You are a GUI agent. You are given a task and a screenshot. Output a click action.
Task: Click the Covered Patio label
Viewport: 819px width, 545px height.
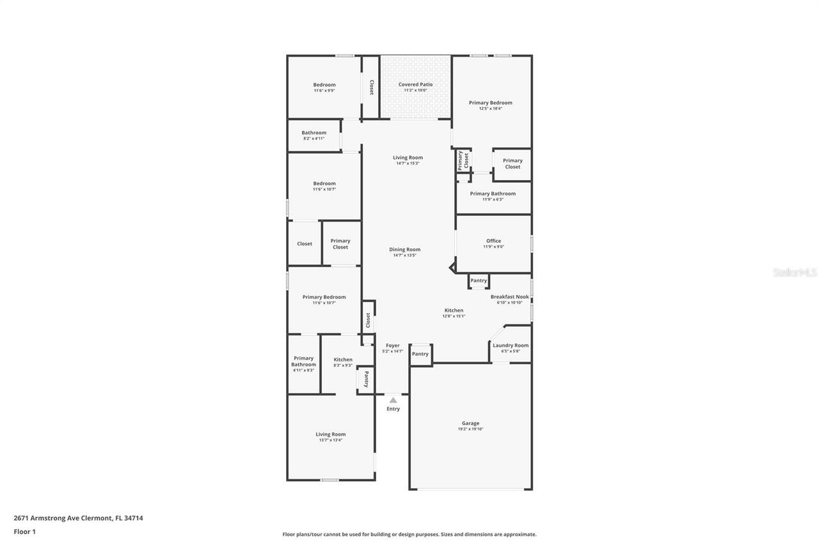point(415,84)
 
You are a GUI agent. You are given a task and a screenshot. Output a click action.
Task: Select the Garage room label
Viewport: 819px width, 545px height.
point(470,423)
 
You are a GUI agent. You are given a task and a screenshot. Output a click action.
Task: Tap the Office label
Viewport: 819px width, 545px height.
point(493,241)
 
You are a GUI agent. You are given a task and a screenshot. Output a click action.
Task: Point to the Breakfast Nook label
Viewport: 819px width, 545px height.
point(509,296)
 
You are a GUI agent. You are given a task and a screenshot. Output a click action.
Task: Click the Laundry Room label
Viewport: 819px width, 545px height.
point(510,345)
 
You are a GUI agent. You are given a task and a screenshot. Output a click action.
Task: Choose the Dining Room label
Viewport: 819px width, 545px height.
point(404,249)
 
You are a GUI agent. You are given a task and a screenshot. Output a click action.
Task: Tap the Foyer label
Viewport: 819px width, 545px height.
point(393,346)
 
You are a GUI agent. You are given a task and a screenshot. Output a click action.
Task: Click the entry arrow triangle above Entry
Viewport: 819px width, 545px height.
point(393,400)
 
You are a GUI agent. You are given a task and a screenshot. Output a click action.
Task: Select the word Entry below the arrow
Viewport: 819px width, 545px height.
point(393,409)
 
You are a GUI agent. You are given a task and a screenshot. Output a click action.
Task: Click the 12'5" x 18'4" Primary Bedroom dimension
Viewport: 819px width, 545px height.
point(490,109)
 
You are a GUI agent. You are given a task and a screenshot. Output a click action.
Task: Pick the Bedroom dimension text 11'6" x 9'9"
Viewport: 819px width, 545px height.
point(324,91)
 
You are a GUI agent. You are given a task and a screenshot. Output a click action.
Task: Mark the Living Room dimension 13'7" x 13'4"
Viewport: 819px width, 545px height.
point(330,440)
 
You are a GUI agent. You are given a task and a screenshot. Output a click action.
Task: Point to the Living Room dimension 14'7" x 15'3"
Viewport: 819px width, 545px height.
point(408,164)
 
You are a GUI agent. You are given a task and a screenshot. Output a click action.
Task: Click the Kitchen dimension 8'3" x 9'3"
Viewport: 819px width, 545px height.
point(343,365)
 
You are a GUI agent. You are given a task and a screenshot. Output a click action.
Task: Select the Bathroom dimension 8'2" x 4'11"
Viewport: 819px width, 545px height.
point(314,139)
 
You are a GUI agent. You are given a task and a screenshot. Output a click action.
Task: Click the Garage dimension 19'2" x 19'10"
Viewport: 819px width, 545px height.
point(470,429)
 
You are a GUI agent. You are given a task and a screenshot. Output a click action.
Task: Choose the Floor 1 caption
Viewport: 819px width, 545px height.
point(24,532)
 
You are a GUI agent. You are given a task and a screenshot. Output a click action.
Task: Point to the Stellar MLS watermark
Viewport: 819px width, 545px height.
point(795,272)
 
